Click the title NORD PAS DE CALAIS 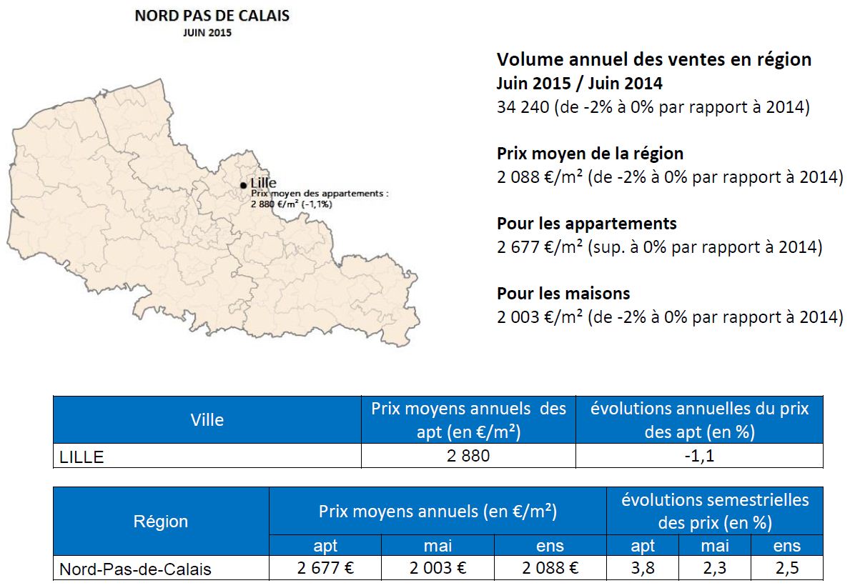[212, 16]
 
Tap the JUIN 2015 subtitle [207, 33]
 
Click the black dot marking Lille [243, 185]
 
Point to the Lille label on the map [264, 183]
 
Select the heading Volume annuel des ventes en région [653, 59]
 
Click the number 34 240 [523, 106]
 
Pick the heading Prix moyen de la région [590, 154]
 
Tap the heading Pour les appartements [586, 224]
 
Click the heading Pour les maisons [563, 293]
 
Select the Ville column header [207, 420]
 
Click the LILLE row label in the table [81, 457]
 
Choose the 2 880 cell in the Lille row [468, 456]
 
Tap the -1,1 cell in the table [699, 456]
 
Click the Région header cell [160, 522]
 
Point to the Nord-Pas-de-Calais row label [135, 569]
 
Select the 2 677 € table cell [325, 568]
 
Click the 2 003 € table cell [438, 568]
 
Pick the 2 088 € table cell [550, 568]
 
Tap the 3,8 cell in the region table [643, 568]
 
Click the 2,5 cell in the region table [786, 568]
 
